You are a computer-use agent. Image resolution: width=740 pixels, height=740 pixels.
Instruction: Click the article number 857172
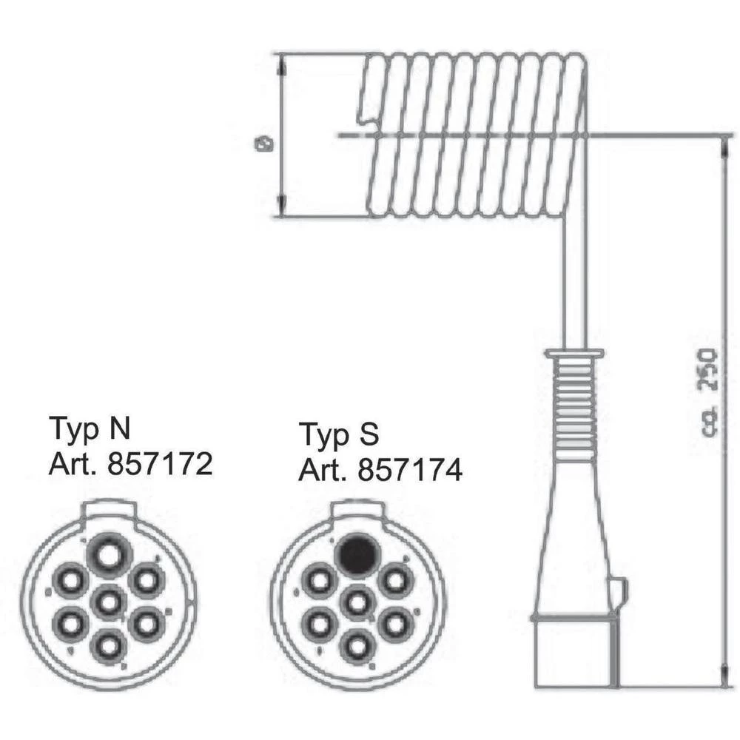(x=159, y=464)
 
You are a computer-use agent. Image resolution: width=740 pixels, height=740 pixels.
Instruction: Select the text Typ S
(x=339, y=434)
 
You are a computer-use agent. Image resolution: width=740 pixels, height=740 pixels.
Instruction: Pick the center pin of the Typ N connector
(x=109, y=602)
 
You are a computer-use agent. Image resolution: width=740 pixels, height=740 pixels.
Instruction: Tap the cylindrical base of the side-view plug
(x=574, y=651)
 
